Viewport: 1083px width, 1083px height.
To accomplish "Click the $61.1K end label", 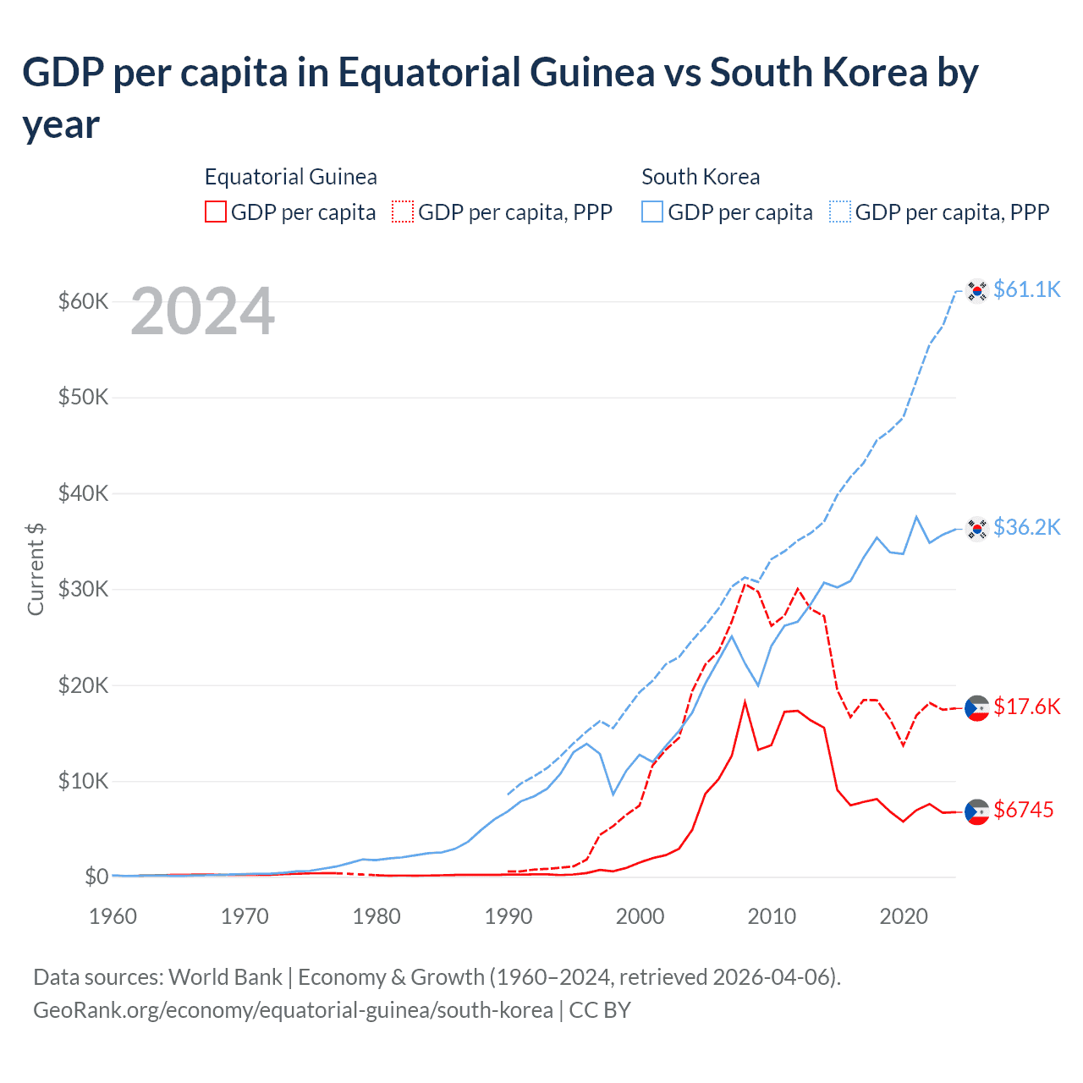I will [x=1026, y=289].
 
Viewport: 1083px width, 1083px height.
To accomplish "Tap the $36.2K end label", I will [x=1026, y=527].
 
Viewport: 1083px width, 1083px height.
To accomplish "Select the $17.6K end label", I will [x=1026, y=706].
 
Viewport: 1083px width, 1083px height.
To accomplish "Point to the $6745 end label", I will [x=1023, y=810].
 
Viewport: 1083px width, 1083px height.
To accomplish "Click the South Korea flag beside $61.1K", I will [x=977, y=290].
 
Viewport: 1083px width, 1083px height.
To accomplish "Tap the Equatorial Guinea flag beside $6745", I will [x=977, y=811].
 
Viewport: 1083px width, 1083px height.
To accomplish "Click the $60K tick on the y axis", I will [x=83, y=301].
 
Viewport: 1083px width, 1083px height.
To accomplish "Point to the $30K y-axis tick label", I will [x=83, y=589].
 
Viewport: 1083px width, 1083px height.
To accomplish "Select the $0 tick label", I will [x=96, y=877].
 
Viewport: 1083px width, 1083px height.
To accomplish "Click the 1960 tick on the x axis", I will [x=113, y=916].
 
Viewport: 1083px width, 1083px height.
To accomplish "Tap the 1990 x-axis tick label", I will [x=509, y=916].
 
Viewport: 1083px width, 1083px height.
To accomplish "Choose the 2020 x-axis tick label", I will [x=904, y=916].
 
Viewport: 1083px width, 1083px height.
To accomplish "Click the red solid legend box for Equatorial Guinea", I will [x=216, y=212].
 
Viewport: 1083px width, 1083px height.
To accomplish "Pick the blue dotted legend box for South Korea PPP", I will [x=840, y=212].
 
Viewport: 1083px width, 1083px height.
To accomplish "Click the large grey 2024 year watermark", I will [x=202, y=311].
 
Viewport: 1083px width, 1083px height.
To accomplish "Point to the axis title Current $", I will [x=36, y=569].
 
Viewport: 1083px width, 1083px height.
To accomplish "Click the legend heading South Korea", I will [x=701, y=177].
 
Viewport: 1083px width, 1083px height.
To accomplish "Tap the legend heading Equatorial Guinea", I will [x=290, y=177].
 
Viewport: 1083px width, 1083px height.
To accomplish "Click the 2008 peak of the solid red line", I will [x=745, y=701].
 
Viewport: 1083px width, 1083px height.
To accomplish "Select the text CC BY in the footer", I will [x=600, y=1010].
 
